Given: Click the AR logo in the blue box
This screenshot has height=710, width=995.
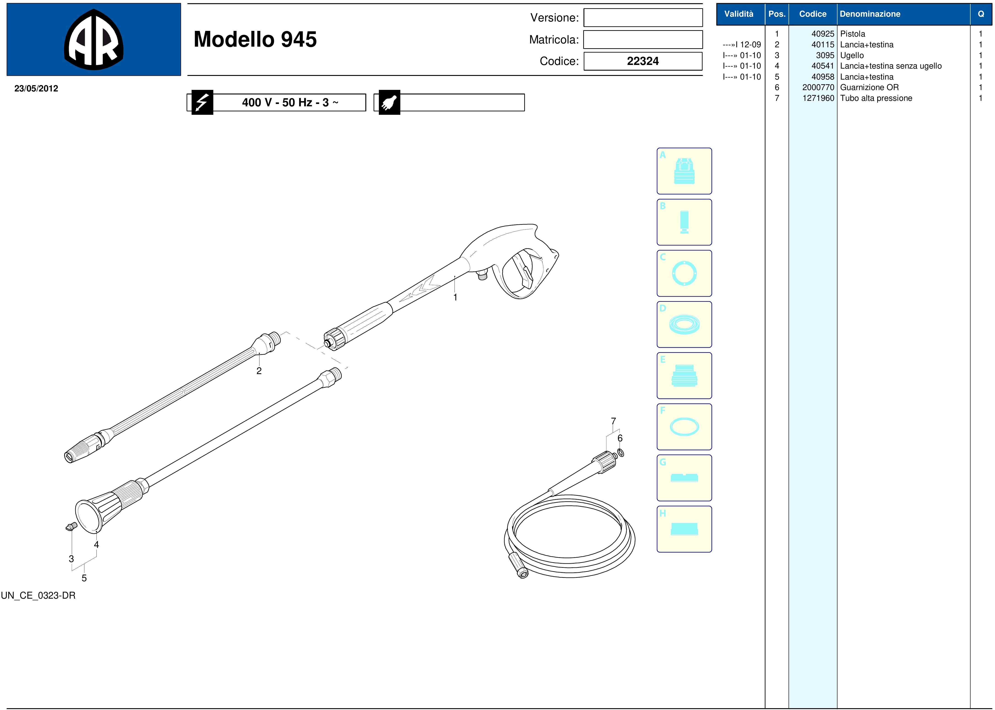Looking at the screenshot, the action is [x=94, y=39].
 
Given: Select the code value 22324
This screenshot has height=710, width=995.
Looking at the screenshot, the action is [x=643, y=61].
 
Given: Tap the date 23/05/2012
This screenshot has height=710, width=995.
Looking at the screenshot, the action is [x=36, y=88].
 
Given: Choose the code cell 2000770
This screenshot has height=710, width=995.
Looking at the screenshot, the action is [x=818, y=87].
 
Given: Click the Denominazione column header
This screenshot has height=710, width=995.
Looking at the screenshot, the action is [x=870, y=14].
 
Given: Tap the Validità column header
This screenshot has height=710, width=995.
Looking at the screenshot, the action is [x=739, y=14].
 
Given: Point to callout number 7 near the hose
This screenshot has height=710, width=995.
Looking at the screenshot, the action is [x=613, y=421].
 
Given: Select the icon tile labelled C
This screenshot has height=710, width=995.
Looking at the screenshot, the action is [x=684, y=273].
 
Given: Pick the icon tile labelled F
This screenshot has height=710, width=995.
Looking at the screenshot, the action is [x=684, y=427].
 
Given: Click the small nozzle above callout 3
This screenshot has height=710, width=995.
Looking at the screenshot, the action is [x=71, y=527].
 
